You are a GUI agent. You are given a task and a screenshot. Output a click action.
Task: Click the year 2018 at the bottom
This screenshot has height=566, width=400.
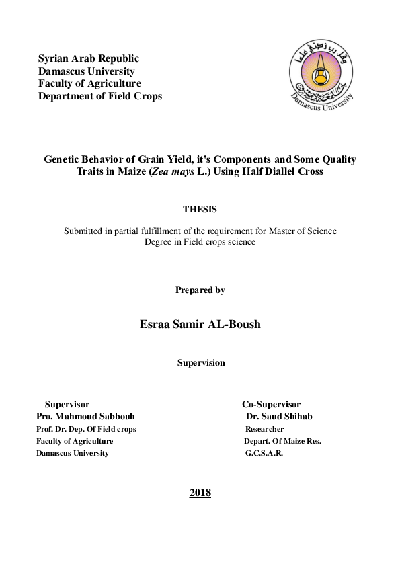coord(200,493)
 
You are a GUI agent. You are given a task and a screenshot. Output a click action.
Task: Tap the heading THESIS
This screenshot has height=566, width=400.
coord(200,210)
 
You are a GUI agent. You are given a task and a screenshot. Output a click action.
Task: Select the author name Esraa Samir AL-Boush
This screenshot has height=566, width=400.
coord(200,324)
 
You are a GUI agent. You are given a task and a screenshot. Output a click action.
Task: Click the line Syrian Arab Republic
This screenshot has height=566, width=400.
coord(89,59)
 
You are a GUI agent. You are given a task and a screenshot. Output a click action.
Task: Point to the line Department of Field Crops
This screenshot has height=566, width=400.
coord(100,96)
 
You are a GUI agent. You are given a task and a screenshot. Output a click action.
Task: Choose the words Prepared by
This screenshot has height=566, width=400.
coord(200,290)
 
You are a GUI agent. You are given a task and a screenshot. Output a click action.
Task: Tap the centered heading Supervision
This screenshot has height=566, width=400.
coord(201,363)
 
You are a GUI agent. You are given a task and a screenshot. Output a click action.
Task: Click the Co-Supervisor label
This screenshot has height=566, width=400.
coord(271,405)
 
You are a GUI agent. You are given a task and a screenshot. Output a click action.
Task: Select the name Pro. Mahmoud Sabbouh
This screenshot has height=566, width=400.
coord(89,417)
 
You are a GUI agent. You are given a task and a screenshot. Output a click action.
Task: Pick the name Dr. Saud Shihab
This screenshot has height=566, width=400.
coord(279,417)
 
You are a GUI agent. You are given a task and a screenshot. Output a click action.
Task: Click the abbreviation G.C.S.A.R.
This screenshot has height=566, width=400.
coord(264,454)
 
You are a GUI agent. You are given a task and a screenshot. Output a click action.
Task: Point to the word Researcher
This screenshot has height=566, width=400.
coord(264,429)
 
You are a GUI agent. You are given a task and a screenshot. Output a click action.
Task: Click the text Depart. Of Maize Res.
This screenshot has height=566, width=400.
coord(282,442)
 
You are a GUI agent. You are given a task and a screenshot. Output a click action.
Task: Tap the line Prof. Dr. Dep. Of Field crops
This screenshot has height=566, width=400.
coord(86,429)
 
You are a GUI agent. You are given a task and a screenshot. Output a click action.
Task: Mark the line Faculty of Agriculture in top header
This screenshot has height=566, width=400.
coord(89,84)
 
